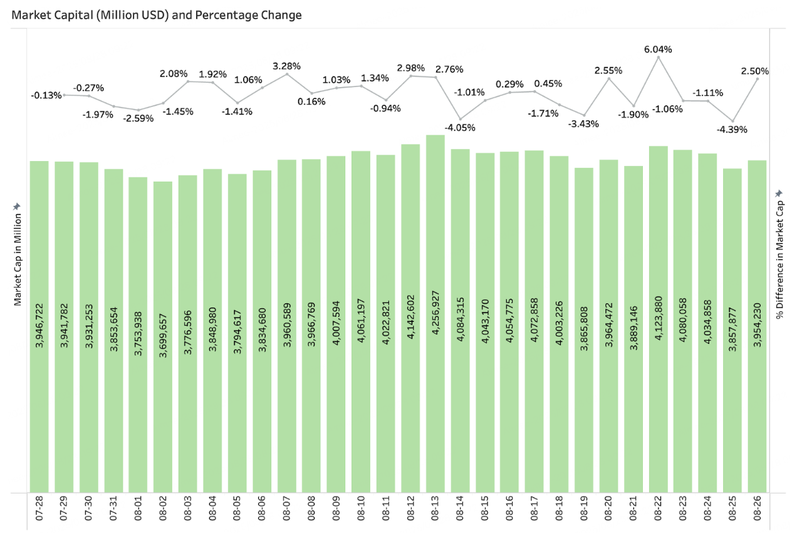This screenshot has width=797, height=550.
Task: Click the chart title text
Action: tap(157, 15)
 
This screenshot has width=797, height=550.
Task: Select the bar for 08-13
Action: tap(435, 313)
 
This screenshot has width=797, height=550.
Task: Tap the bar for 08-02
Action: tap(163, 338)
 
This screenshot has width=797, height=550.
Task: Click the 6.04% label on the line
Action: tap(659, 49)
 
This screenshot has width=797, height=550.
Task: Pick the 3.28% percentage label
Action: tap(286, 65)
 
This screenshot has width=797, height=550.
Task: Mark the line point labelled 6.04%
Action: tap(658, 57)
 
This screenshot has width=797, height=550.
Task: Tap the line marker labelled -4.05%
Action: tap(460, 119)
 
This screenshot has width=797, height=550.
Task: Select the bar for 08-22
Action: tap(658, 319)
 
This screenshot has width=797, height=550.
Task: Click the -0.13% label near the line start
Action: tap(46, 95)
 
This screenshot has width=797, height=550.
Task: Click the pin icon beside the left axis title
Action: tap(18, 206)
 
